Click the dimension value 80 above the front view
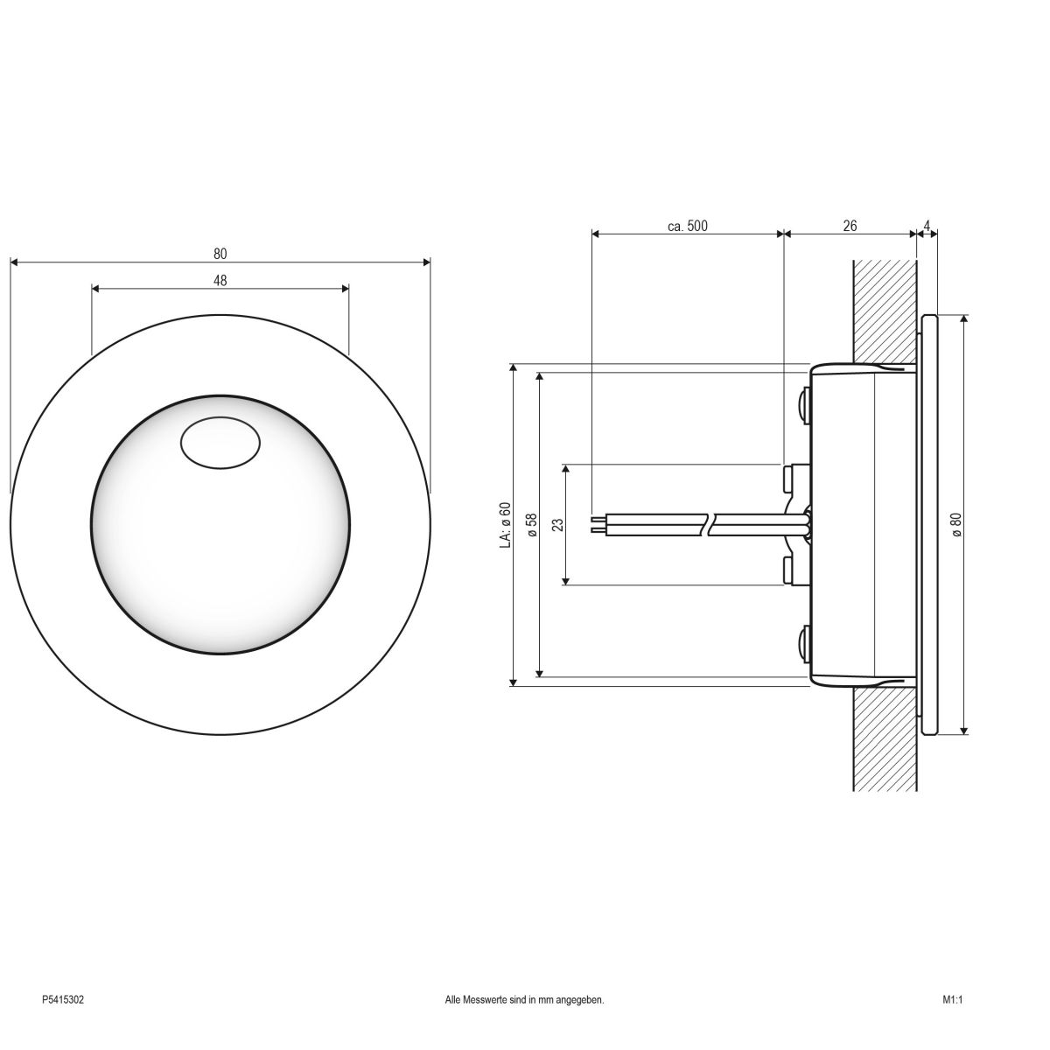[x=220, y=254]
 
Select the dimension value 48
[x=220, y=280]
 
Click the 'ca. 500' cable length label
[x=687, y=226]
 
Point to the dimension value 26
[x=850, y=226]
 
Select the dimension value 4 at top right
[x=927, y=226]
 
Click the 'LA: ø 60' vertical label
[x=505, y=525]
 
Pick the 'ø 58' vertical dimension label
[x=531, y=525]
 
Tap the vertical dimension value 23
[x=558, y=525]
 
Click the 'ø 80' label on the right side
[x=955, y=525]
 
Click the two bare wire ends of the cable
[x=598, y=524]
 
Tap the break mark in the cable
[x=710, y=524]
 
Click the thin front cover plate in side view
[x=929, y=525]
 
